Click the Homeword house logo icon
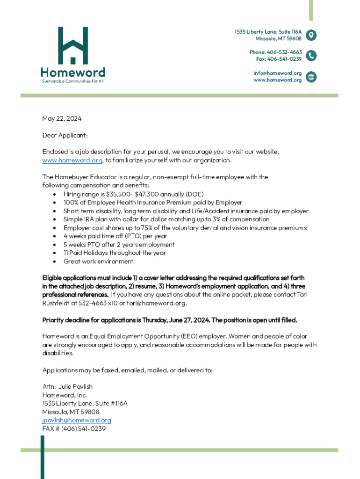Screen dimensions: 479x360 point(72,45)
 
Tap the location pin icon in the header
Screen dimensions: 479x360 point(311,35)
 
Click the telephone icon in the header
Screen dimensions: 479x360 point(311,56)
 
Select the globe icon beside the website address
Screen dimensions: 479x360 point(311,77)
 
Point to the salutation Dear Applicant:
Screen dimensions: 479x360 point(65,135)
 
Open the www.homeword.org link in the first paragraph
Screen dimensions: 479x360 point(72,160)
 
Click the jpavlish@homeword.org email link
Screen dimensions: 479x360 point(77,420)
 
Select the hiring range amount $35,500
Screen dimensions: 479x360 point(119,194)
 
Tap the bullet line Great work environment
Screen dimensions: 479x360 point(98,261)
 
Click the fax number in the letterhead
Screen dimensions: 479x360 point(279,59)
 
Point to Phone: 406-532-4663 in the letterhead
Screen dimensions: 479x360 point(275,52)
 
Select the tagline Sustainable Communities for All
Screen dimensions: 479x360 point(72,81)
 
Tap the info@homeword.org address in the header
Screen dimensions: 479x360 point(278,73)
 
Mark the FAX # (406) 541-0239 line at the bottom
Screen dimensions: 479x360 point(74,428)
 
